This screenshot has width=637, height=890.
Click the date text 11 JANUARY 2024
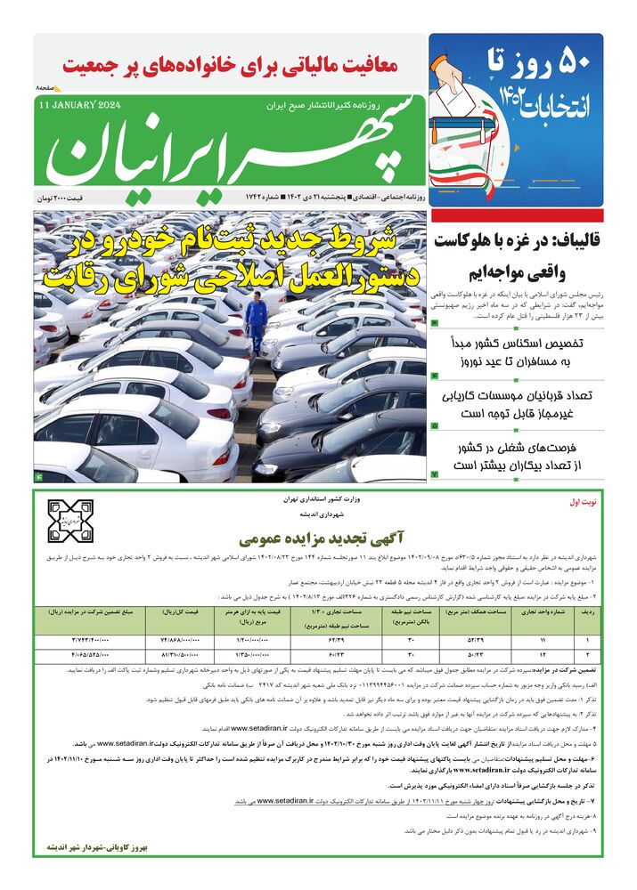[79, 105]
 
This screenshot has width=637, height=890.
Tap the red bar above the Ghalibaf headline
[517, 215]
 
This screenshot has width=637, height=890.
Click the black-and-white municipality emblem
[70, 522]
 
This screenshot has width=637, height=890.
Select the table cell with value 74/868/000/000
[184, 640]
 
